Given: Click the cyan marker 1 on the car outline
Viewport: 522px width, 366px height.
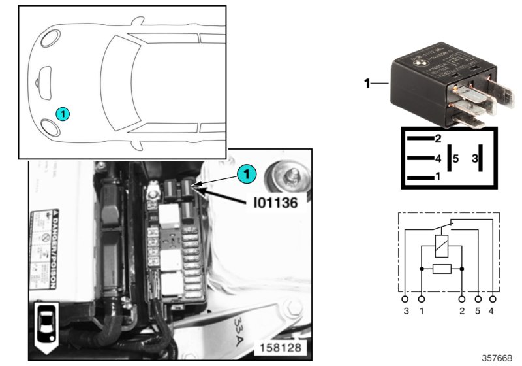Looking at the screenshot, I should (63, 114).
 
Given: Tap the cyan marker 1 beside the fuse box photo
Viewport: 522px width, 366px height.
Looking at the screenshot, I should (246, 174).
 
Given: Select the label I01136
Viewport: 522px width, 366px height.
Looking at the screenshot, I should (275, 203).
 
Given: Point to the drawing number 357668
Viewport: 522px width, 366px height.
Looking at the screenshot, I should (497, 358).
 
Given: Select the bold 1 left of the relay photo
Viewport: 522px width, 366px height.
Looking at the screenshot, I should (367, 83).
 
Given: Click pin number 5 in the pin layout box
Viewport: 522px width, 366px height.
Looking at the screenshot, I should (456, 158).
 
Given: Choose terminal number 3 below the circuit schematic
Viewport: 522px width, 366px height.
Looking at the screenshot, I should (406, 311).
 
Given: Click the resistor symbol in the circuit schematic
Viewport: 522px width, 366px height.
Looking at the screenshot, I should (442, 269).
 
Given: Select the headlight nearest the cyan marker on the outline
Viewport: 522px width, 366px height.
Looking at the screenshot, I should (50, 126).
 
